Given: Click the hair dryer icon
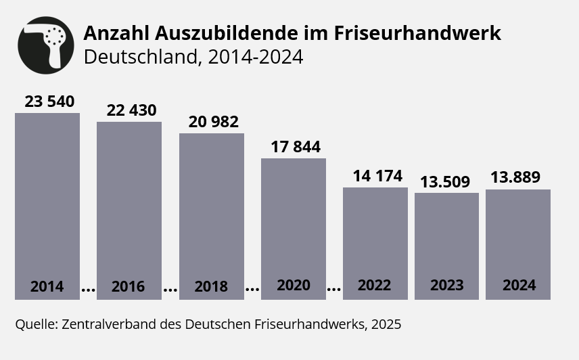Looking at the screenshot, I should tap(46, 45).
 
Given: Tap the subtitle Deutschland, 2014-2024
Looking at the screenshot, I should tap(193, 57).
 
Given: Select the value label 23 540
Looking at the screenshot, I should tap(49, 102).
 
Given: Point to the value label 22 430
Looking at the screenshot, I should tap(131, 110).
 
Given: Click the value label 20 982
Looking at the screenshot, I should tap(213, 122).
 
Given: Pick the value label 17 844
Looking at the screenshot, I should tap(296, 147).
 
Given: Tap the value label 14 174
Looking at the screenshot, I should tap(377, 177).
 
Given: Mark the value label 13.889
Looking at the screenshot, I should tap(515, 177).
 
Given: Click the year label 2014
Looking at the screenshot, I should tap(47, 286).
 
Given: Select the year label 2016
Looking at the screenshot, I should tap(129, 286).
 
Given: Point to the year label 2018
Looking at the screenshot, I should tap(211, 286).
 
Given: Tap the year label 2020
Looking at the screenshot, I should tap(294, 285).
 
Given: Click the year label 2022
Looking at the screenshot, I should tap(375, 285).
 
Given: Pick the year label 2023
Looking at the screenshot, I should tap(447, 285).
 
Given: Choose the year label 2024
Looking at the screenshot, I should tap(519, 285).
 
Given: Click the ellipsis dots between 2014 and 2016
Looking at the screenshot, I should tap(88, 290).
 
